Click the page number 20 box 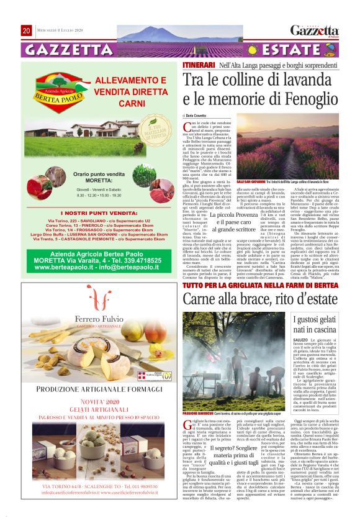[x=26, y=30]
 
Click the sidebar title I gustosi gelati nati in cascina [x=317, y=325]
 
